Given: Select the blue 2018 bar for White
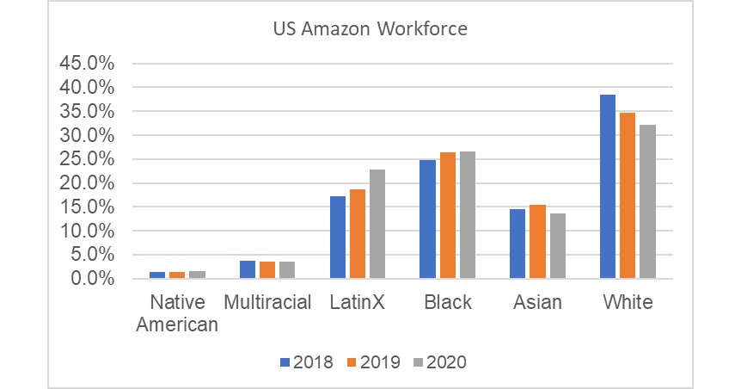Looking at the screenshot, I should pos(608,187).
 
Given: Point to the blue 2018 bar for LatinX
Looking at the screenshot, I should pos(338,238).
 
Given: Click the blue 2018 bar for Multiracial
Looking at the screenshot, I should pos(248,269).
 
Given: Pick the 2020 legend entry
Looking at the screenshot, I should pos(438,362).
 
